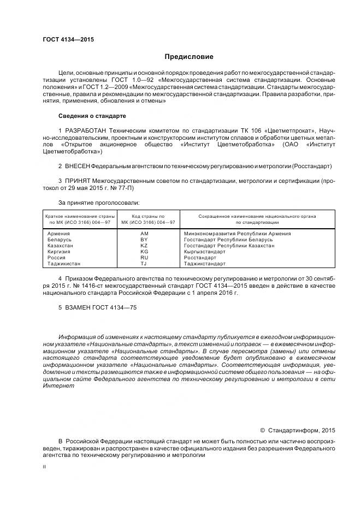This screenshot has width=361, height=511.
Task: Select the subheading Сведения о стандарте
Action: pos(92,116)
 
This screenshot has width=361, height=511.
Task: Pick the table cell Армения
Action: pos(59,234)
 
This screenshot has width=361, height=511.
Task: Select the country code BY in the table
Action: pos(144,240)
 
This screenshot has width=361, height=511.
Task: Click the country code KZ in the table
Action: pos(144,246)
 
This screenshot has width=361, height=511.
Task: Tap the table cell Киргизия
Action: pos(60,252)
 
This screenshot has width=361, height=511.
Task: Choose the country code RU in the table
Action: pos(144,258)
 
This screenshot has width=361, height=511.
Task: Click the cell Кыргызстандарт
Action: pos(204,252)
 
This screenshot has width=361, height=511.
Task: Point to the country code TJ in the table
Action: pos(144,264)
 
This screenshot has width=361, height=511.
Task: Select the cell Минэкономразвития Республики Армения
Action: pos(237,234)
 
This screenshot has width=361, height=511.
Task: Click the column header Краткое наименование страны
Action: pos(80,216)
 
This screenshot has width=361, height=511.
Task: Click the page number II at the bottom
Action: pos(45,467)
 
